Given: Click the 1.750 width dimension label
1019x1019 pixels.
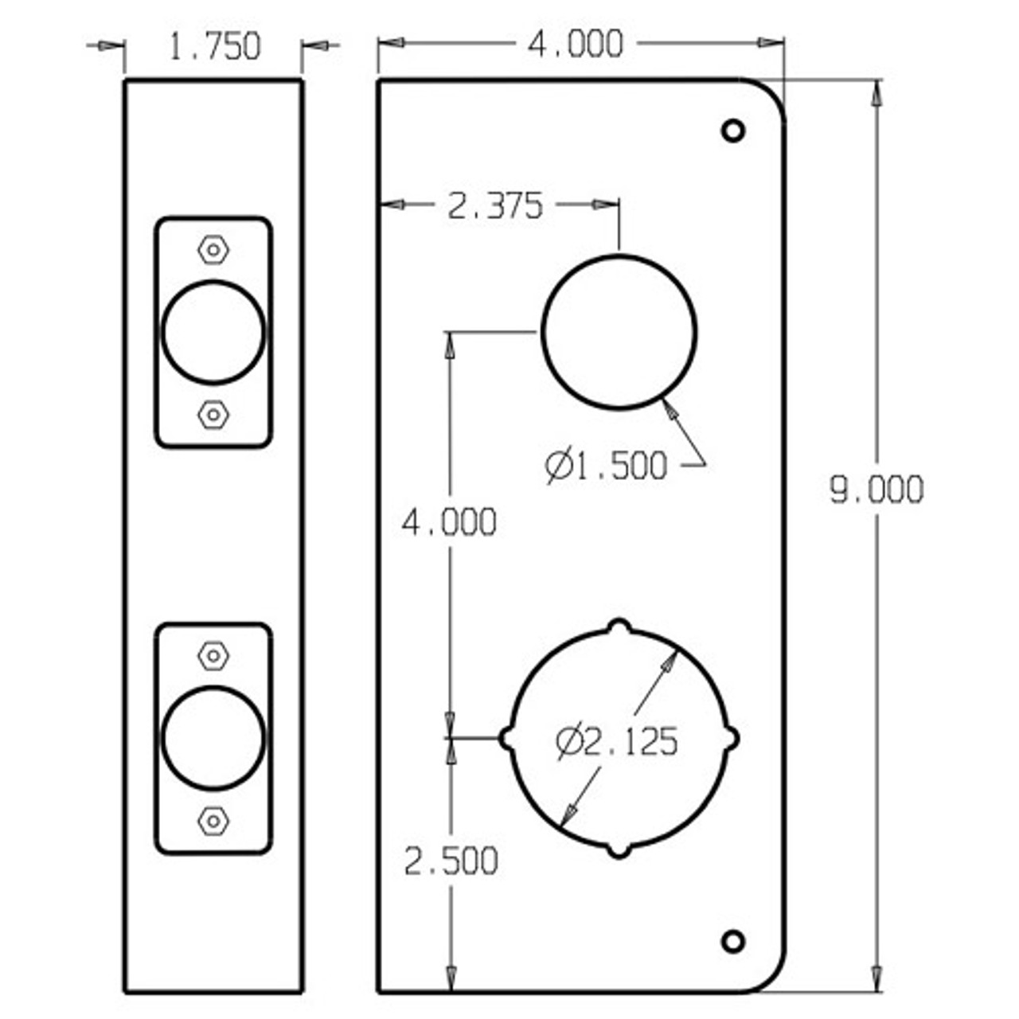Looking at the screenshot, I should point(214,47).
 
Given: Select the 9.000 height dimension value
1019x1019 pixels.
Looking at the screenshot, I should point(876,490).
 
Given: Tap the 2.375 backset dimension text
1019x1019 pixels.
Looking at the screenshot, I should point(495,206).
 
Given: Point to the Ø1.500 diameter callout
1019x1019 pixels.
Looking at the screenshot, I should point(607,466).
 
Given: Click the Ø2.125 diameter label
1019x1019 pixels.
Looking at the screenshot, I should point(617,742).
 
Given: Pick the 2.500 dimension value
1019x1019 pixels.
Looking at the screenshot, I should point(451,861).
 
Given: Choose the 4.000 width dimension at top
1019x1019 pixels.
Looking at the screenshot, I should point(576,45).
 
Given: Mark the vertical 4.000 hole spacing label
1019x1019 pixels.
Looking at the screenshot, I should point(449,523).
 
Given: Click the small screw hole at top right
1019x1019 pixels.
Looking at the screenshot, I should point(732,130).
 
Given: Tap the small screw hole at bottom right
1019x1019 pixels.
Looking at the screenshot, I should point(732,941).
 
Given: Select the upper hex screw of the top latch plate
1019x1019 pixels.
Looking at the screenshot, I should point(213,250).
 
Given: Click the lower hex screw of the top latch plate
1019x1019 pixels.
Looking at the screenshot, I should point(213,414).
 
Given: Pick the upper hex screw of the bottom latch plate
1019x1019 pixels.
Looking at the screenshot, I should point(213,656).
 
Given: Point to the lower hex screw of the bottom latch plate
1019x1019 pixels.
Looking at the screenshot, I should point(213,820).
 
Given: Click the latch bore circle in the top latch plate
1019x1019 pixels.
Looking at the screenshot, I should point(213,332).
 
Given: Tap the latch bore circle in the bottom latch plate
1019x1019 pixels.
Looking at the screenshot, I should point(213,738).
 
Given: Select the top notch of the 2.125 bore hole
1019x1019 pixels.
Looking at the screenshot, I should point(619,627).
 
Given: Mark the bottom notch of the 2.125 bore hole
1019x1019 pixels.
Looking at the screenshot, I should point(619,850).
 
